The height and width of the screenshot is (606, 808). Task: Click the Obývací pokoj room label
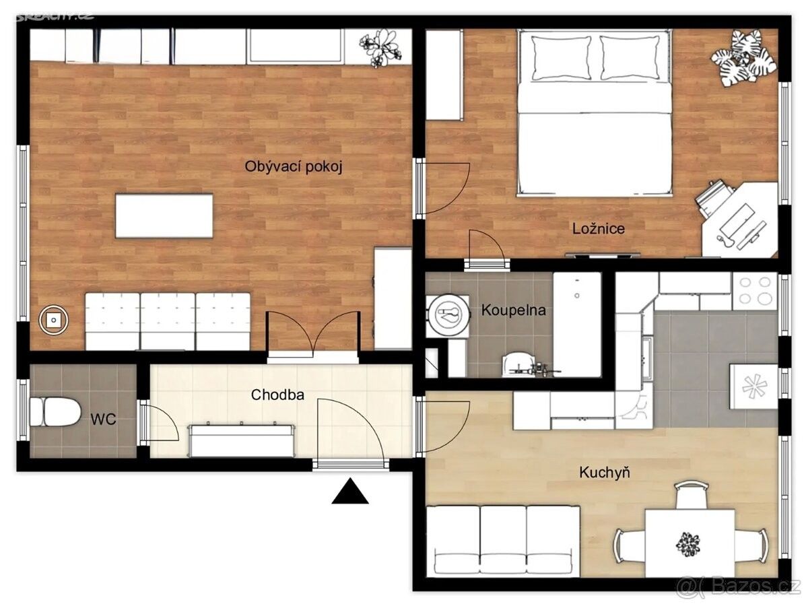294,167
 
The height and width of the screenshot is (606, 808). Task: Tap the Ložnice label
598,228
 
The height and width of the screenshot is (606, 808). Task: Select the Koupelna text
513,310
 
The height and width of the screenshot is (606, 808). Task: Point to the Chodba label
277,395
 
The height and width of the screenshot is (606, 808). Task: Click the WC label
103,419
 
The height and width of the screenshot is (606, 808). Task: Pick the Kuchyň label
605,473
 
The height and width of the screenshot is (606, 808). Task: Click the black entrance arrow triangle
349,491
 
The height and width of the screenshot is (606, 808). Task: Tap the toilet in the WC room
55,411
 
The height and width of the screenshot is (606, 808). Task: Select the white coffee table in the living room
164,216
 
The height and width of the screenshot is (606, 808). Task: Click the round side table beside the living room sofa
54,321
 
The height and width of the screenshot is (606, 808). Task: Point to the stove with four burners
755,291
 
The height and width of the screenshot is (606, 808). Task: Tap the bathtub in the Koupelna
577,325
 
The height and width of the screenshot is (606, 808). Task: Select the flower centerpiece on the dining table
687,544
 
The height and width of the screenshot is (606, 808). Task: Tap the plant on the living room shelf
381,48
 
